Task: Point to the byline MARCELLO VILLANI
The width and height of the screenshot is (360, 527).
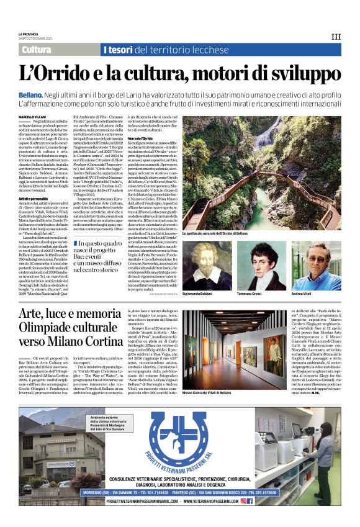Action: [x=33, y=116]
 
